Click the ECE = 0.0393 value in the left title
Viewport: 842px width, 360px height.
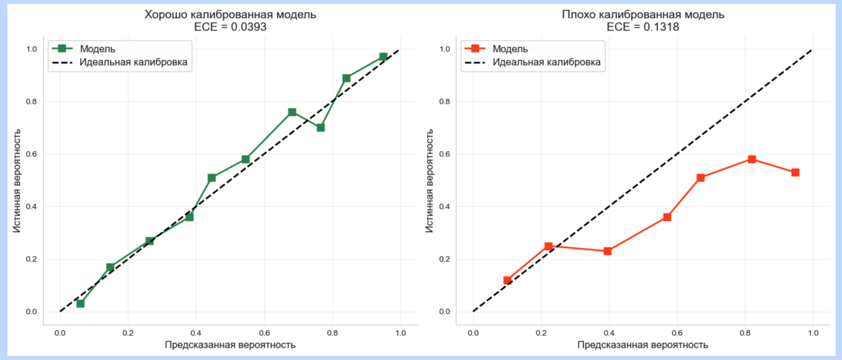coord(230,28)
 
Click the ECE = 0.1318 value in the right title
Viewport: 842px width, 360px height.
coord(643,28)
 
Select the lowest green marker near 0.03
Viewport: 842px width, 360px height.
coord(80,303)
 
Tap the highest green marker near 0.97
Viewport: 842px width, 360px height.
coord(383,57)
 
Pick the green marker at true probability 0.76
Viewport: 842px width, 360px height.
coord(292,112)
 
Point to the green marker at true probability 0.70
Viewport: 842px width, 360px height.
coord(320,128)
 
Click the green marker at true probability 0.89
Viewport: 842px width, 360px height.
coord(346,78)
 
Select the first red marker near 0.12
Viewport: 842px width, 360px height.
coord(507,280)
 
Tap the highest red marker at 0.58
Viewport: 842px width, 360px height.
coord(752,160)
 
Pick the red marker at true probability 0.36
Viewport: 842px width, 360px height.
coord(667,217)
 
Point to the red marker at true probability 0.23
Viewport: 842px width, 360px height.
coord(607,251)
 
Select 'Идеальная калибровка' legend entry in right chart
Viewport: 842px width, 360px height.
coord(546,62)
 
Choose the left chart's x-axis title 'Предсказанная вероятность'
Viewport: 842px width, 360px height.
coord(230,345)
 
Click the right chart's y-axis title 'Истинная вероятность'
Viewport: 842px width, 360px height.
coord(430,180)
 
